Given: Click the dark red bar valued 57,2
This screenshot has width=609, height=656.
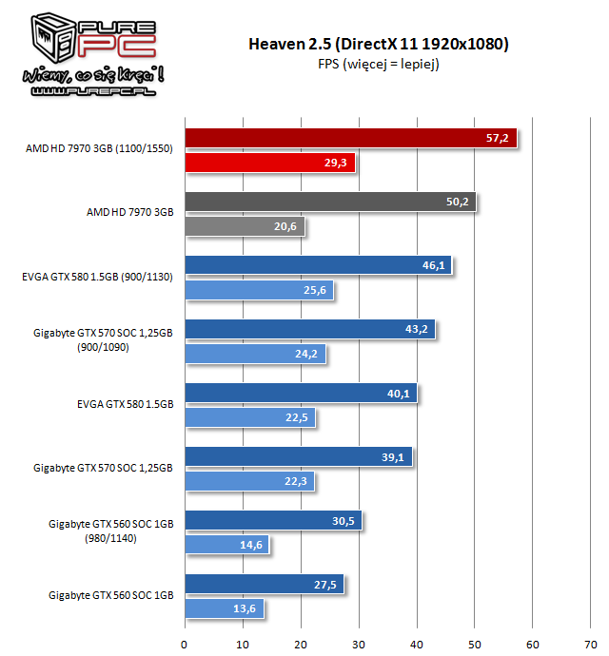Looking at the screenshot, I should [x=350, y=138].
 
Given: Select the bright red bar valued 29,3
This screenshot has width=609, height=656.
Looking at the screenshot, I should [x=269, y=164].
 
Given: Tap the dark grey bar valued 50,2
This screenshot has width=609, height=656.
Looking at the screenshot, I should [x=330, y=202].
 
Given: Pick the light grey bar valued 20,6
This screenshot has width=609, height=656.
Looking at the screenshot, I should [x=245, y=227].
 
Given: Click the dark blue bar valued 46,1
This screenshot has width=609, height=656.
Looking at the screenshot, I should [x=318, y=265].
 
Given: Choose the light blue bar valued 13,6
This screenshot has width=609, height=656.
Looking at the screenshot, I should [x=225, y=608].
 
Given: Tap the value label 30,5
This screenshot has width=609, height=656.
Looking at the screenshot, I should [x=345, y=520].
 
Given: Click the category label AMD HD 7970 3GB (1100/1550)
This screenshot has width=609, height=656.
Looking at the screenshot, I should [x=100, y=149].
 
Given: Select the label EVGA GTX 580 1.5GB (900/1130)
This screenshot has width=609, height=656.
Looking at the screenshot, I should [x=100, y=277].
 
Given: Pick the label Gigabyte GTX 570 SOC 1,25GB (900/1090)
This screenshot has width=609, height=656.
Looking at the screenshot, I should [x=104, y=341].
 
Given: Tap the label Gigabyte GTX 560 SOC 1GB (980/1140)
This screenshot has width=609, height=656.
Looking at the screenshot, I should [x=109, y=531].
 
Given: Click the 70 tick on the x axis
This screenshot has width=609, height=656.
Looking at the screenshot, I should [x=591, y=640].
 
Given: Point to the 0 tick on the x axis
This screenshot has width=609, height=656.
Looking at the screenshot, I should [x=185, y=640].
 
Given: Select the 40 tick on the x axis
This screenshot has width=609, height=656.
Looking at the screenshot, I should [x=417, y=640].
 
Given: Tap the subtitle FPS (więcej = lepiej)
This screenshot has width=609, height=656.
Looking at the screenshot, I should [x=378, y=65].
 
